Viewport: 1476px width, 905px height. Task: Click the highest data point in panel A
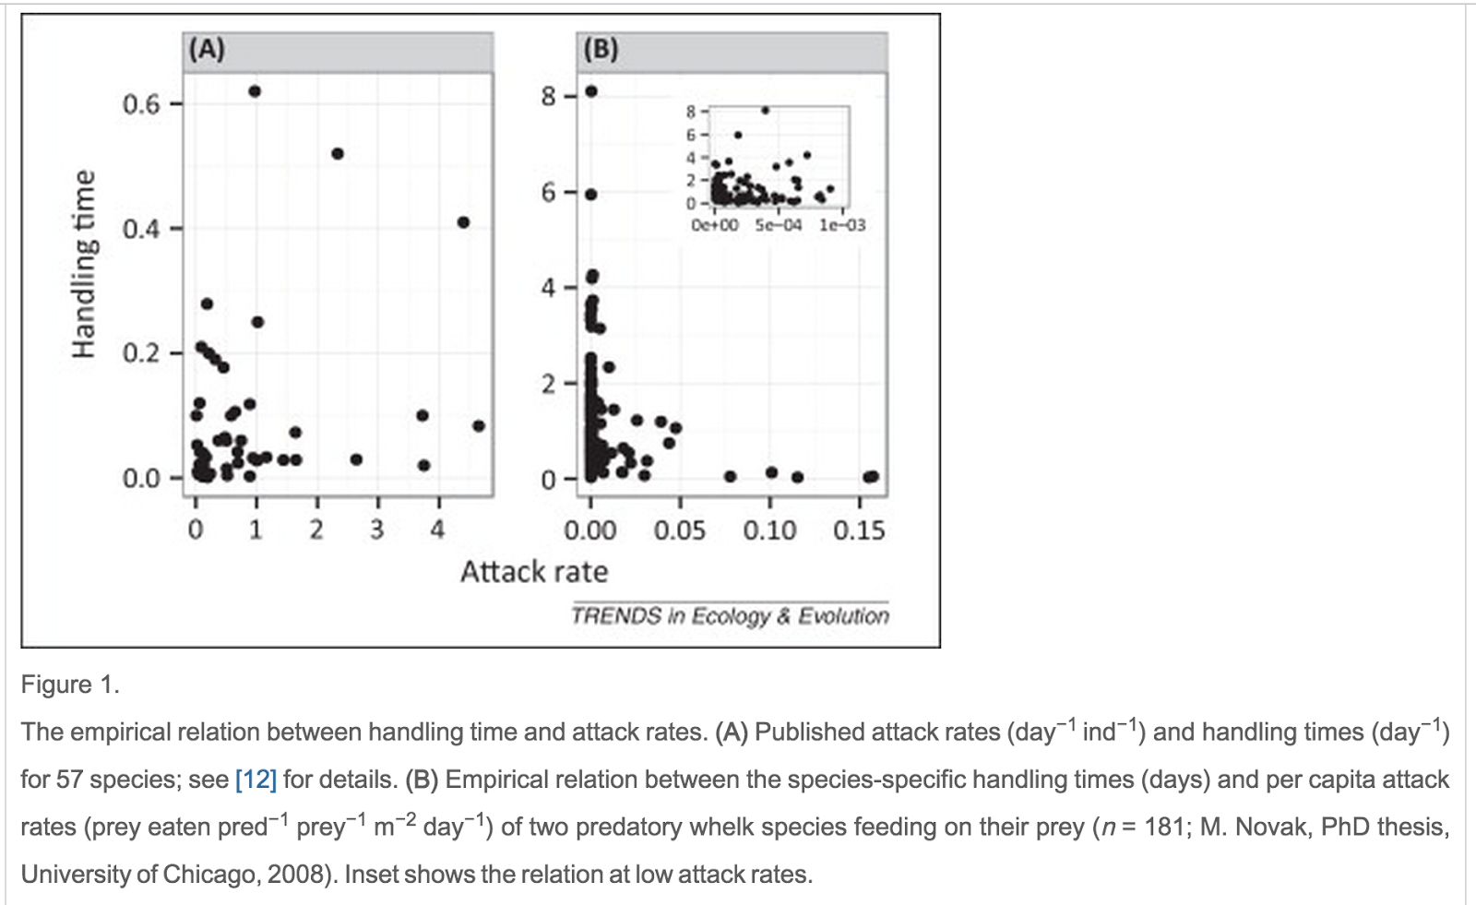pyautogui.click(x=255, y=91)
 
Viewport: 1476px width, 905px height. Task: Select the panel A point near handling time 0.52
pyautogui.click(x=338, y=153)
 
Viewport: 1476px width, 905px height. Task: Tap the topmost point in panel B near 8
pyautogui.click(x=591, y=91)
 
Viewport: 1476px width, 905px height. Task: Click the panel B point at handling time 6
pyautogui.click(x=591, y=194)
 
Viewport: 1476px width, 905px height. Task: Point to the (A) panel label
pyautogui.click(x=207, y=49)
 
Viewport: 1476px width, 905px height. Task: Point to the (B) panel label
pyautogui.click(x=601, y=49)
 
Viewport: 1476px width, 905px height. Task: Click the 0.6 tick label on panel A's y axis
pyautogui.click(x=141, y=104)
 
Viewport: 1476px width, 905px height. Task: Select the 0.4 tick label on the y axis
pyautogui.click(x=141, y=229)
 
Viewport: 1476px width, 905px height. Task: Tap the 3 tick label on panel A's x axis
pyautogui.click(x=376, y=530)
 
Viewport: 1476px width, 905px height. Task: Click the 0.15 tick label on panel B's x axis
pyautogui.click(x=859, y=530)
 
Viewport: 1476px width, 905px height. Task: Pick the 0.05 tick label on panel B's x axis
pyautogui.click(x=680, y=530)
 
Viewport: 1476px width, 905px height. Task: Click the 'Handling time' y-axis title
pyautogui.click(x=84, y=263)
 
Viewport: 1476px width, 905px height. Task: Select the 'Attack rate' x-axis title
pyautogui.click(x=534, y=572)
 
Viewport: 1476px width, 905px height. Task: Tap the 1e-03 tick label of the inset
pyautogui.click(x=842, y=225)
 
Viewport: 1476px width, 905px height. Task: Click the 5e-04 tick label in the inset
pyautogui.click(x=779, y=225)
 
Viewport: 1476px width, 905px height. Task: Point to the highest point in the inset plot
pyautogui.click(x=765, y=111)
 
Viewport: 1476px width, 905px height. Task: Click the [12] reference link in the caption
pyautogui.click(x=256, y=780)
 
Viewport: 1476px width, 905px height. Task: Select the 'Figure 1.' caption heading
pyautogui.click(x=70, y=685)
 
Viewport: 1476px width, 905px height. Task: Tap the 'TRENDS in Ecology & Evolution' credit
pyautogui.click(x=730, y=616)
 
